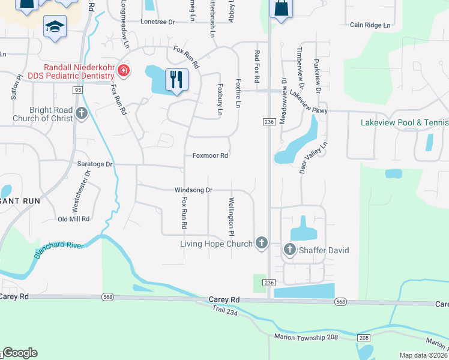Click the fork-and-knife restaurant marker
176,79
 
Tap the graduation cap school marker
55,27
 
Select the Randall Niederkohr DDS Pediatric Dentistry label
78,71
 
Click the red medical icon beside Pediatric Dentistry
124,71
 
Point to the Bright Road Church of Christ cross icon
82,112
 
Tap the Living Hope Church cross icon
261,243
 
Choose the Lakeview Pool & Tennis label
405,123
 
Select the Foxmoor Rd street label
209,155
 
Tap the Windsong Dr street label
193,190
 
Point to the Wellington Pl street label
231,215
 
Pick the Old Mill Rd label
73,219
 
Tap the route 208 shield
364,338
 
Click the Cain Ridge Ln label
370,25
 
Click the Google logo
20,353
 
